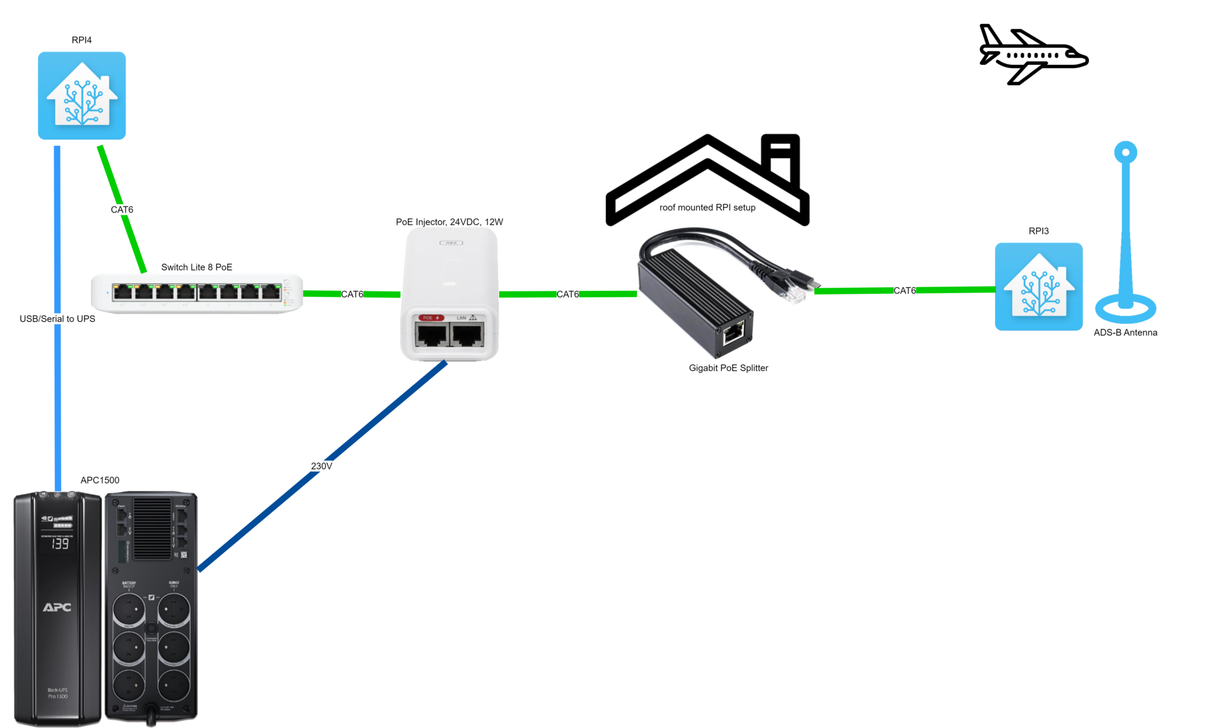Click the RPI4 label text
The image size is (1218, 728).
(x=81, y=40)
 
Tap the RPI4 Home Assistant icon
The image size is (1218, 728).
(x=82, y=96)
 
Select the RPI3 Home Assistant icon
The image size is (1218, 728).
(x=1038, y=287)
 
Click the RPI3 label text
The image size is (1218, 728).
(x=1038, y=231)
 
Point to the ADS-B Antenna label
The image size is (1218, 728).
(x=1125, y=332)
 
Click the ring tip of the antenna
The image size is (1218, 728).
(x=1125, y=152)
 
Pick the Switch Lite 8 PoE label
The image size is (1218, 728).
(x=197, y=267)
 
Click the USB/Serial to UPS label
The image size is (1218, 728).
(x=58, y=319)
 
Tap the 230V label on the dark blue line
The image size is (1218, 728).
(x=321, y=466)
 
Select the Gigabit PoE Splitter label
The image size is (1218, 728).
(x=729, y=368)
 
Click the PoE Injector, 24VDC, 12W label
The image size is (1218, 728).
(x=450, y=222)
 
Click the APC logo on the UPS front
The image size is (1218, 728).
(x=57, y=607)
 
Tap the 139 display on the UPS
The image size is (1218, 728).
(x=59, y=544)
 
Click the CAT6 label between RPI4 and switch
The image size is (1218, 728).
(x=122, y=209)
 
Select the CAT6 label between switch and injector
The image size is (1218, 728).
(x=352, y=294)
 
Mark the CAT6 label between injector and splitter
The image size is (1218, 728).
(x=567, y=294)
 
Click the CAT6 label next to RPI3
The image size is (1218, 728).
(x=905, y=291)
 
